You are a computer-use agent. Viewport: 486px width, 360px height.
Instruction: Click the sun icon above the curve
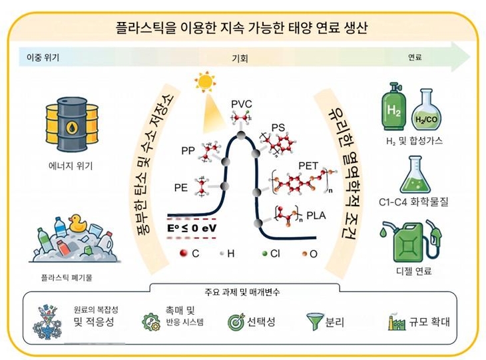click(205, 82)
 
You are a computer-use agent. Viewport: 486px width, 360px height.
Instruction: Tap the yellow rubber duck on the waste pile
click(77, 224)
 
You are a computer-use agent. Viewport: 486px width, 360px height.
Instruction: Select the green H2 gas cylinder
click(393, 106)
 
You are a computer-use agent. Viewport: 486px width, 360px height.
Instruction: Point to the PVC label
click(242, 104)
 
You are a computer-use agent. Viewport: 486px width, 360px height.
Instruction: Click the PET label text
click(308, 166)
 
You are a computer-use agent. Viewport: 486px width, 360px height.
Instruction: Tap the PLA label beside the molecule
click(316, 216)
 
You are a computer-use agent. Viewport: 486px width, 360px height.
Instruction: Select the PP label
click(188, 151)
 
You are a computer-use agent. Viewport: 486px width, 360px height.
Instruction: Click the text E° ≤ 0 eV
click(192, 228)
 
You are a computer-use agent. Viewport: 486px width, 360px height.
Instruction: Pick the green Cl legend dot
click(264, 254)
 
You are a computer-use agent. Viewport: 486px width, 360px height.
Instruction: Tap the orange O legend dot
click(304, 254)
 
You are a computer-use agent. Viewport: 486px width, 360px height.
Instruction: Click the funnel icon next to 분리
click(315, 321)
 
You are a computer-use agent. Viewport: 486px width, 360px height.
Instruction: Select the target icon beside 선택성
click(236, 322)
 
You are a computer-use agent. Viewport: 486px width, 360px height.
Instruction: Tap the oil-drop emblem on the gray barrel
click(72, 127)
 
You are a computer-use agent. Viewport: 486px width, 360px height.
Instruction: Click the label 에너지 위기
click(71, 166)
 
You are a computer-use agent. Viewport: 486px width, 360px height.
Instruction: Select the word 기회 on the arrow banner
click(240, 58)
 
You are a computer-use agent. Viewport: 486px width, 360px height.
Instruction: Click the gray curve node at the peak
click(241, 135)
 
